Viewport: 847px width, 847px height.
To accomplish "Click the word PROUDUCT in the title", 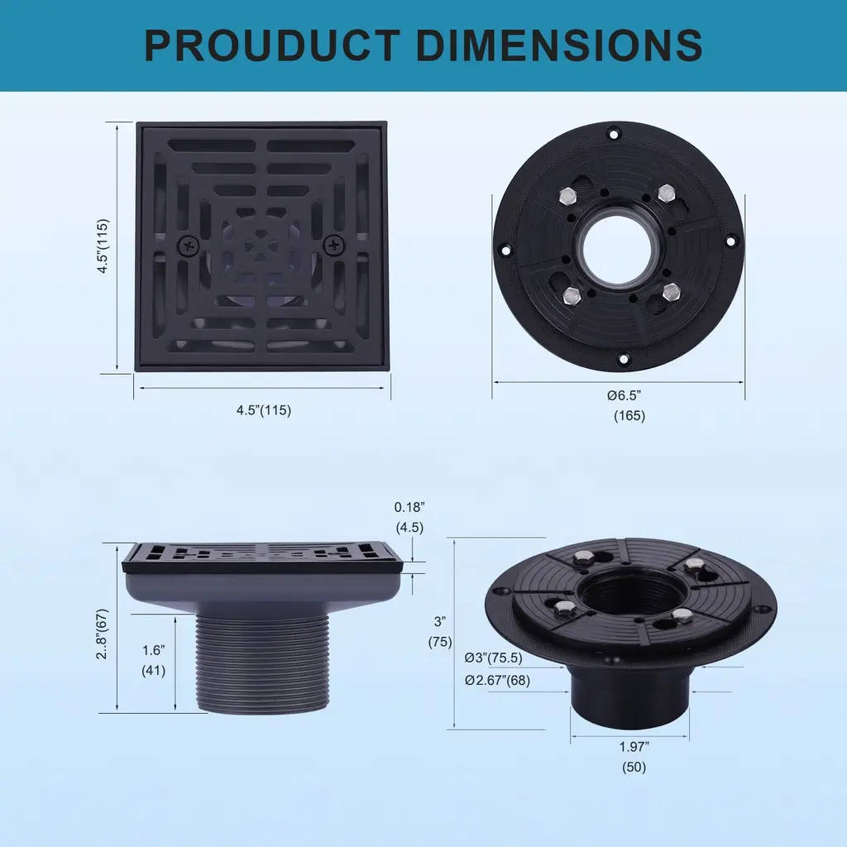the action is pos(272,45).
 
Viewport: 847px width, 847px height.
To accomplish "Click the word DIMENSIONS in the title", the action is pos(560,45).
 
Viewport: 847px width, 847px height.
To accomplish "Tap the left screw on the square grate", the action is pos(189,246).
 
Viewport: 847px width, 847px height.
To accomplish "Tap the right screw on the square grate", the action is pos(335,246).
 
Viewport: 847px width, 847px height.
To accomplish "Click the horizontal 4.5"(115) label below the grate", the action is pos(264,410).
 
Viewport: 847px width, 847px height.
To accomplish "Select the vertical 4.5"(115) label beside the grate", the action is pos(103,246).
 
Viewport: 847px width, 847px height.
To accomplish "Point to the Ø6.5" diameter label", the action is pos(624,395).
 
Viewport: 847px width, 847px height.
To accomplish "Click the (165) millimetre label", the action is pos(629,416).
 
